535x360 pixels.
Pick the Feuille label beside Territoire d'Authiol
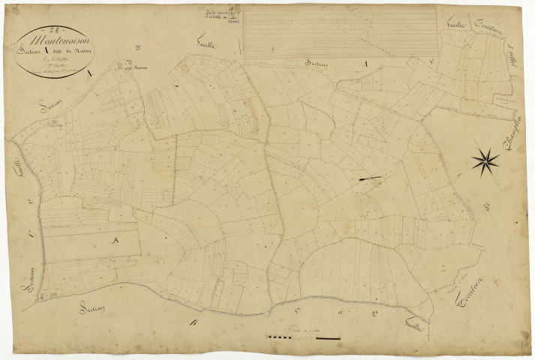coord(456,26)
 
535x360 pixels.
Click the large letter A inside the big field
coord(115,240)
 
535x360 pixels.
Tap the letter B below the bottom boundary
coord(194,323)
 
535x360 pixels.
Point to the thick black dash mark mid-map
coord(370,178)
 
